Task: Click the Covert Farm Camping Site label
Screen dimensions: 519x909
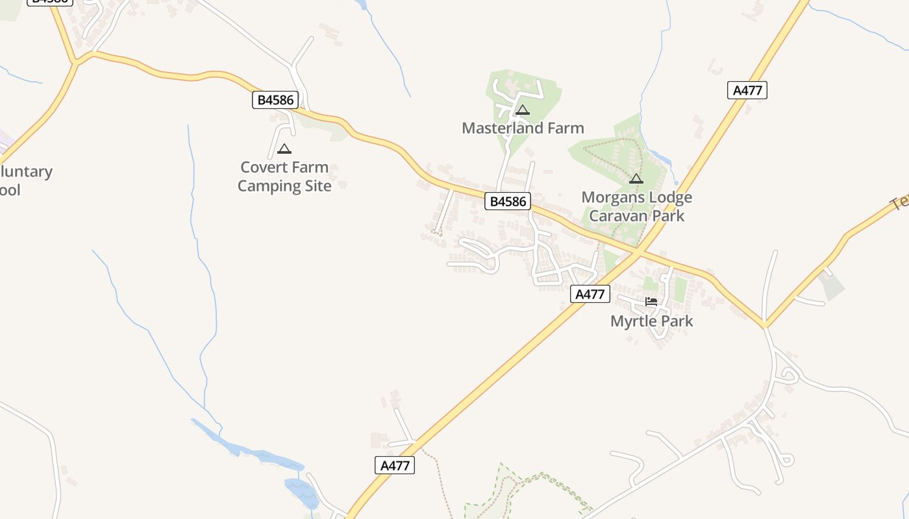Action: click(x=284, y=176)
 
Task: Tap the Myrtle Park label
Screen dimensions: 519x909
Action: click(x=651, y=321)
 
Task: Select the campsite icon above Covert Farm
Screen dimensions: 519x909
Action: click(x=284, y=149)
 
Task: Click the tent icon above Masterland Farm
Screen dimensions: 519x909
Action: click(x=523, y=110)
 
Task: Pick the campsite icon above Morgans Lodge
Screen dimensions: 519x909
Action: click(x=636, y=178)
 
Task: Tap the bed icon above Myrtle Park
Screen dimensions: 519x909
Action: click(x=651, y=302)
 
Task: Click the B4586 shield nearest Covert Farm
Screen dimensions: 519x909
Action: click(x=275, y=100)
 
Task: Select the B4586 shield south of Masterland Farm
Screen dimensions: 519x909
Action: click(x=508, y=201)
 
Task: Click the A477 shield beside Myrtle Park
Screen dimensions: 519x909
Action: click(x=590, y=294)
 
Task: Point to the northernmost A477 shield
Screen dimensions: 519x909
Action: click(x=747, y=90)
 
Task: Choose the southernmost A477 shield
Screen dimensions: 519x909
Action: click(x=395, y=465)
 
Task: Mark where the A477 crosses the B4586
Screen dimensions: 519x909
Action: click(x=639, y=251)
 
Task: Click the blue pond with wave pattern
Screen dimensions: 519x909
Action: click(x=301, y=493)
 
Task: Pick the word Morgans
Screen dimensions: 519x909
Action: click(x=610, y=197)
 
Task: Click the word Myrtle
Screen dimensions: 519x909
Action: click(x=632, y=321)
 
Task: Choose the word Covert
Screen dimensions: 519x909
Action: click(x=263, y=167)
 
